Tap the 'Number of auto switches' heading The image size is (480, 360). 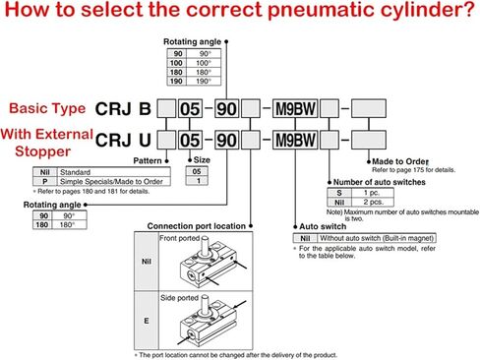[x=379, y=182]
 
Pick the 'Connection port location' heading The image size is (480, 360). [x=192, y=226]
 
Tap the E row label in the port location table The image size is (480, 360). [x=144, y=321]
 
